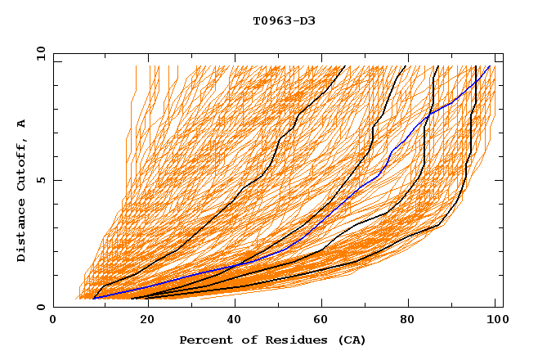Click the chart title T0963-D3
(x=284, y=21)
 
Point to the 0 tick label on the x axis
(x=54, y=321)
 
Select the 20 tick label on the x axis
(x=142, y=321)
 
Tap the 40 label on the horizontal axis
(x=231, y=321)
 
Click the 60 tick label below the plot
(x=321, y=321)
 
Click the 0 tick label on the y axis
(x=40, y=308)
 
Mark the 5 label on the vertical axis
(x=40, y=180)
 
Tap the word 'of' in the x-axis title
(x=238, y=340)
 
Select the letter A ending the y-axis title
(x=21, y=124)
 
